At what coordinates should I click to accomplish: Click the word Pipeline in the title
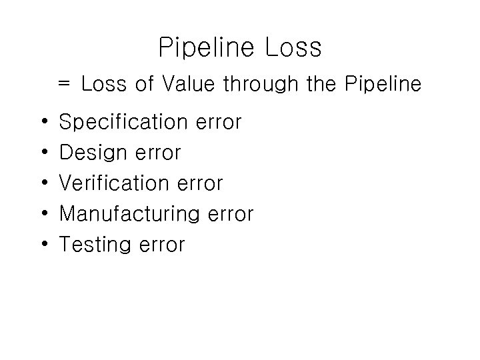pyautogui.click(x=207, y=48)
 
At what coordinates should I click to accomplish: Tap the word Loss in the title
pyautogui.click(x=293, y=48)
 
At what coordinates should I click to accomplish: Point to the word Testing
pyautogui.click(x=95, y=245)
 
